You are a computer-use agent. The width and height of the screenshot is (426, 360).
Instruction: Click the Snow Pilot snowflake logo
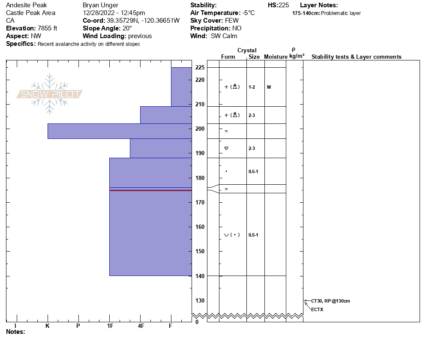(50, 94)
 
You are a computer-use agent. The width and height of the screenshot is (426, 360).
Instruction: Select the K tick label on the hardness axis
(48, 326)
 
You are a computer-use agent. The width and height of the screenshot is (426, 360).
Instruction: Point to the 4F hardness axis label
(141, 326)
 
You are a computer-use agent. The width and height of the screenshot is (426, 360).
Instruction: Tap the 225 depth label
(200, 68)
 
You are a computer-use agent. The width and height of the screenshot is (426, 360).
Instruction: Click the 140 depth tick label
(200, 276)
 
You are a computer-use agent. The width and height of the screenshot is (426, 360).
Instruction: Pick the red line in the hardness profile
(150, 190)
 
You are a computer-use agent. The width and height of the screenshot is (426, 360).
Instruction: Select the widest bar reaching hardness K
(120, 131)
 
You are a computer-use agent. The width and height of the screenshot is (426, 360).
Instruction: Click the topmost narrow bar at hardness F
(181, 87)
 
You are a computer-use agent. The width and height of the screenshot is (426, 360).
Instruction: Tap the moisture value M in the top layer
(269, 87)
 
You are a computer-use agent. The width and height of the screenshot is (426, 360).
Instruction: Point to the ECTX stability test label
(317, 309)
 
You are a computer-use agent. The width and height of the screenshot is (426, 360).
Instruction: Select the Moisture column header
(276, 57)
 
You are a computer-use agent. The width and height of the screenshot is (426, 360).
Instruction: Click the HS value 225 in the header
(284, 5)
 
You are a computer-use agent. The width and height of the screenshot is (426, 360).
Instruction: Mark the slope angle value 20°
(124, 28)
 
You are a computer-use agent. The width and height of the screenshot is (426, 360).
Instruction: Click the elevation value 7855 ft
(44, 28)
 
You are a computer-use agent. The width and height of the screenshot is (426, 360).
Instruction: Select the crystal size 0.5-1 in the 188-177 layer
(253, 171)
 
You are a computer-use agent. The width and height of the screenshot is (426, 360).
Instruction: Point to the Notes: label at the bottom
(15, 332)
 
